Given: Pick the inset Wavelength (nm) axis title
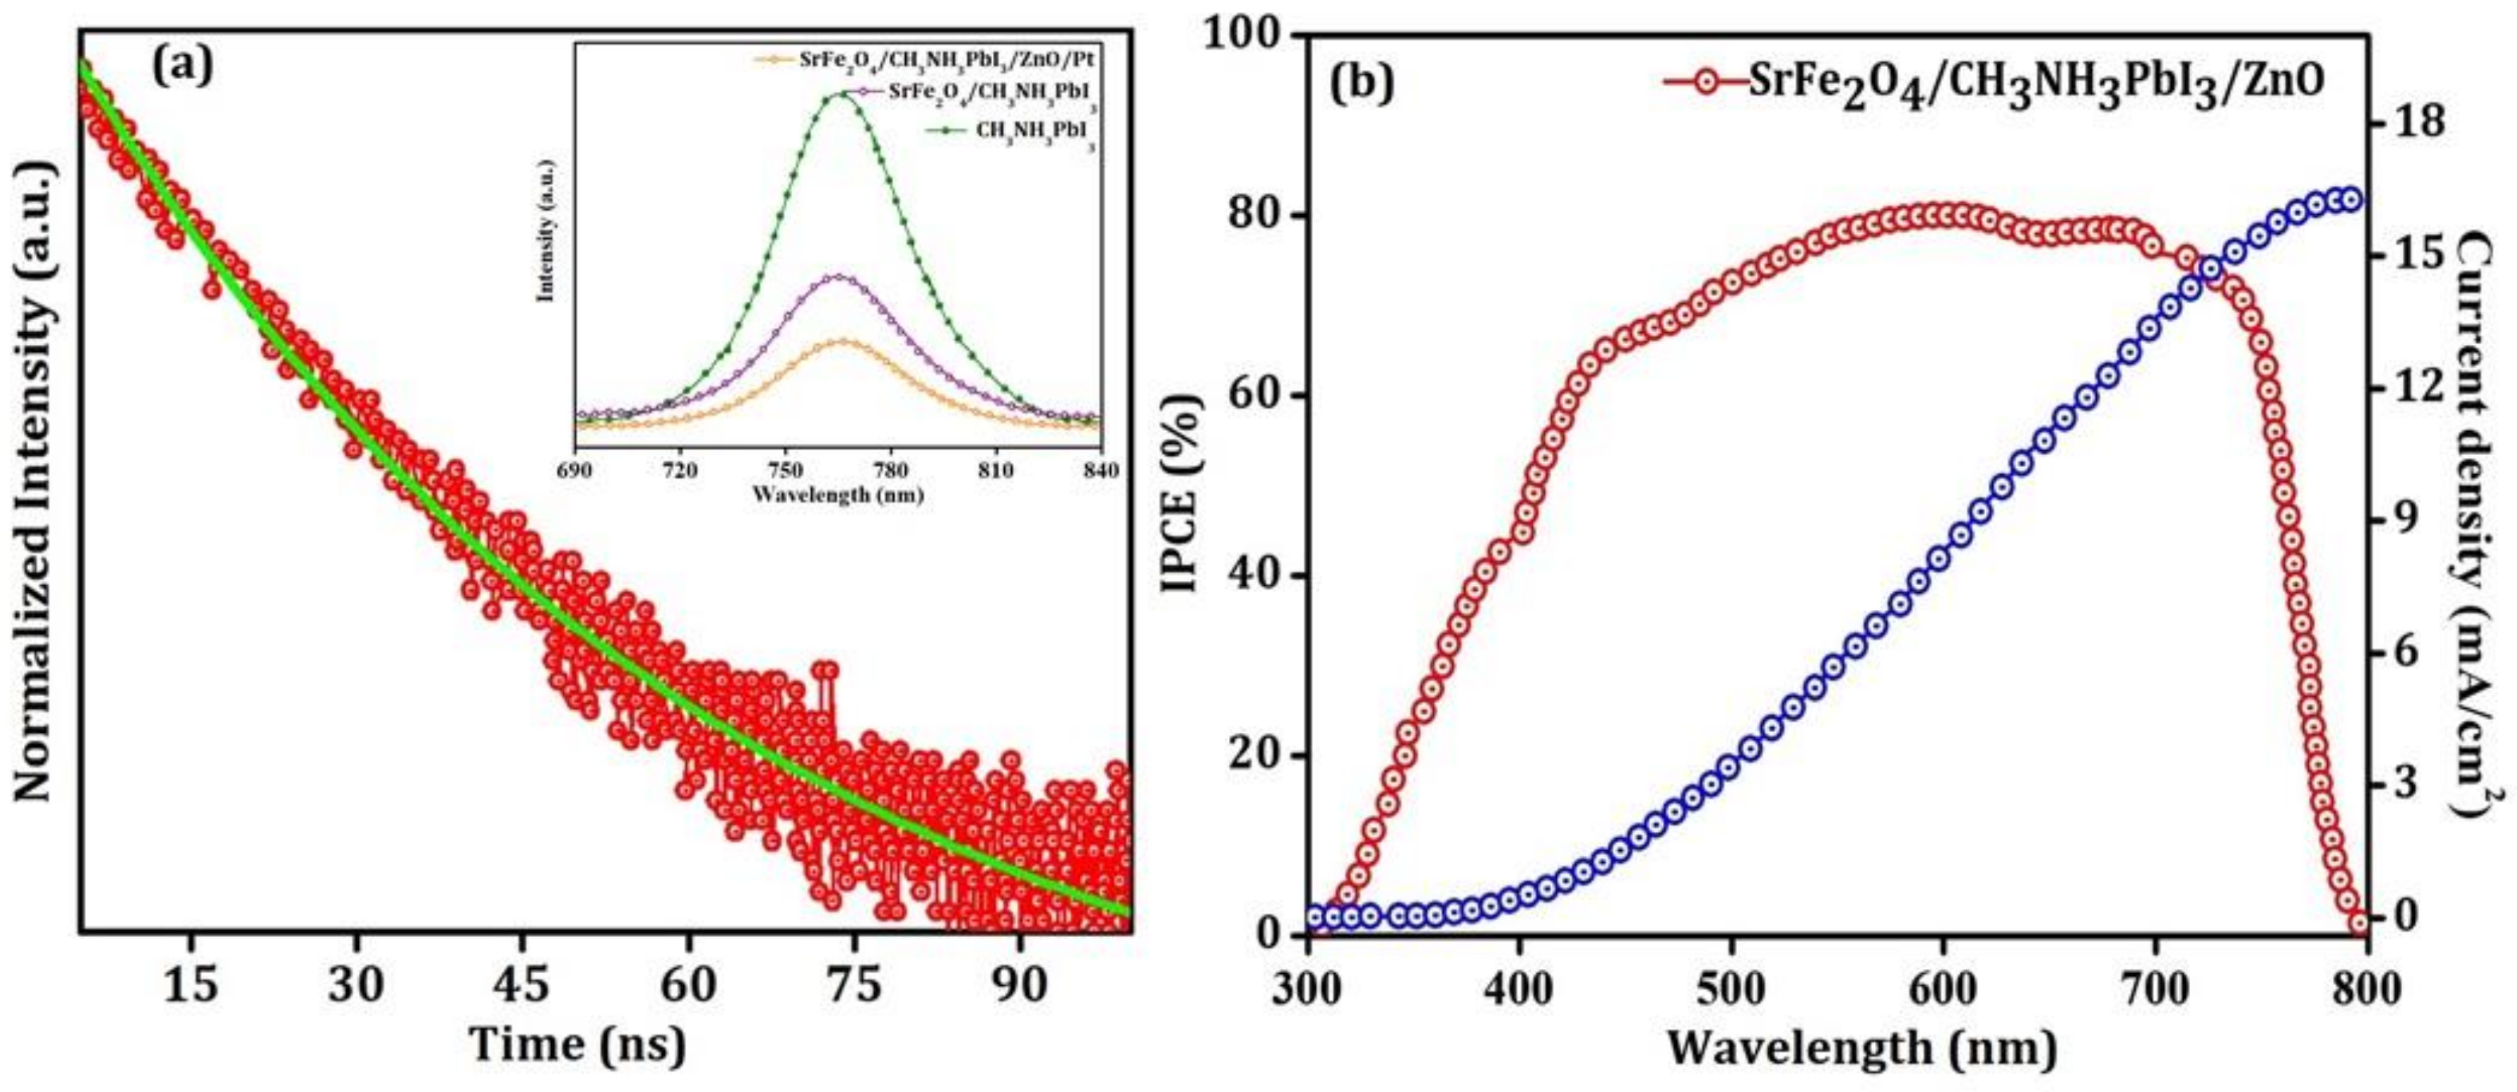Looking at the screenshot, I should point(837,495).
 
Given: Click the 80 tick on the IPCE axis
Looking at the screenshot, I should point(1258,216).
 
